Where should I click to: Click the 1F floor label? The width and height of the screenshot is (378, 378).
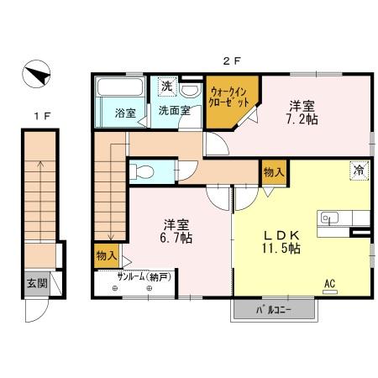(39, 115)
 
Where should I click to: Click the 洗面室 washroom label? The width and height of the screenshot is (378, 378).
(174, 110)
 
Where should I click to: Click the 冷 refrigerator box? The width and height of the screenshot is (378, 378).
(359, 170)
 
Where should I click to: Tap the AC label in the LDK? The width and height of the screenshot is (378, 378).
(330, 284)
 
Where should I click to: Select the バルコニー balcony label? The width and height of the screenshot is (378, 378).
(276, 311)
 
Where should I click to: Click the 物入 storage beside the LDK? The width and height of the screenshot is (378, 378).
(273, 171)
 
